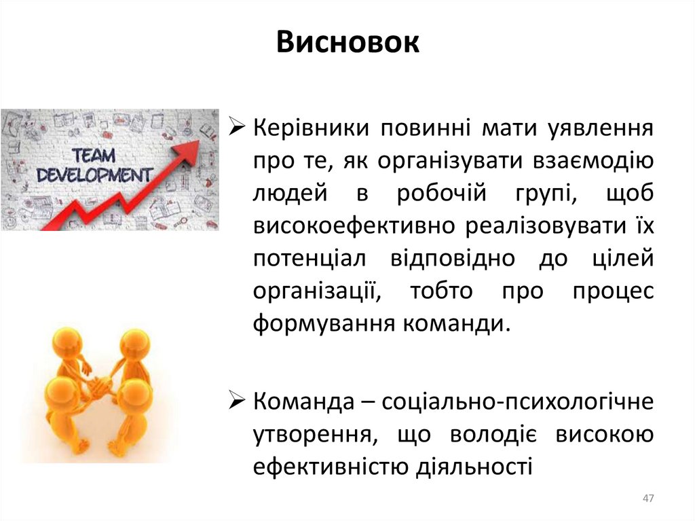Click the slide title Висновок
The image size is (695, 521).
point(348,43)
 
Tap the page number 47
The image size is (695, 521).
point(647,499)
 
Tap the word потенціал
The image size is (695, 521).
point(310,259)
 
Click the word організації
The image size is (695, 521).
point(315,291)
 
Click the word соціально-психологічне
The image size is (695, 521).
point(518,401)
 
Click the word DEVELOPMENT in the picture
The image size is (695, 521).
point(94,175)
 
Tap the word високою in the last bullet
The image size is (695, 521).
point(605,434)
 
